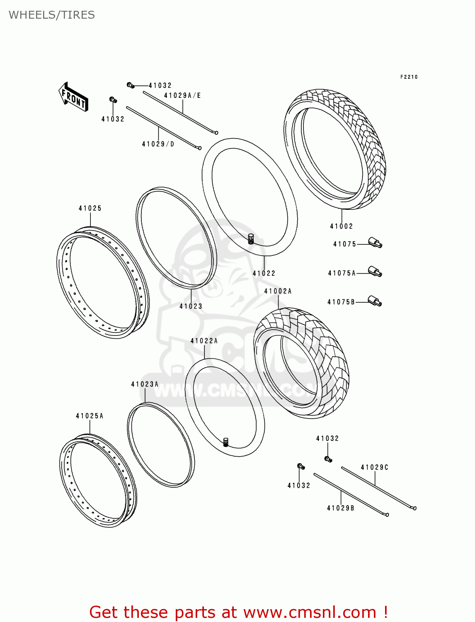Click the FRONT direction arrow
click(73, 97)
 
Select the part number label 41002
click(341, 226)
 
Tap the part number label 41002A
click(278, 291)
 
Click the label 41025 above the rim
click(90, 208)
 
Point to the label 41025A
click(90, 416)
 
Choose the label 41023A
click(145, 384)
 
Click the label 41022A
click(204, 341)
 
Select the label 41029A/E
click(182, 95)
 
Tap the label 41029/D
click(158, 144)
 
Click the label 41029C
click(374, 467)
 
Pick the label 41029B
click(340, 508)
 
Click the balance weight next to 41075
click(375, 243)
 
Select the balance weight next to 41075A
click(375, 272)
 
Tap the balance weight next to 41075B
click(375, 301)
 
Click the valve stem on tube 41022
click(250, 239)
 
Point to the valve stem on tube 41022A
click(226, 442)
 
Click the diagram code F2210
click(409, 77)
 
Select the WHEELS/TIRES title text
click(52, 15)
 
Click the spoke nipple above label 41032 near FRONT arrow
click(113, 100)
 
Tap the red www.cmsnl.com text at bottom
click(309, 612)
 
